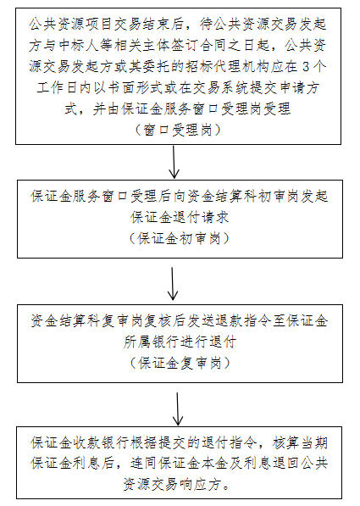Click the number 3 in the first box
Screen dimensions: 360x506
pos(306,67)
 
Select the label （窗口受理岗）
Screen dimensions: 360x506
pos(178,130)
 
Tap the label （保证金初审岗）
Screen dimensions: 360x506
pos(180,238)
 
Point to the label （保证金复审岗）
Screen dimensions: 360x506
pos(180,363)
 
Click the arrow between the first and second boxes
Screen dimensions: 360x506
pos(174,162)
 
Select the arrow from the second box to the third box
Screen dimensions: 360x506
pos(173,284)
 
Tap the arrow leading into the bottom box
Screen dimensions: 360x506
pos(178,409)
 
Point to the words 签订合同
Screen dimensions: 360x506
pos(200,45)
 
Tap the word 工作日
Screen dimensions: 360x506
pos(58,88)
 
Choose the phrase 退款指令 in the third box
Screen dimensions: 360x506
pos(243,321)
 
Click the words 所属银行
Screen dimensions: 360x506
pos(152,342)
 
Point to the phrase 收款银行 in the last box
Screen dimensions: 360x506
pos(102,442)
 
